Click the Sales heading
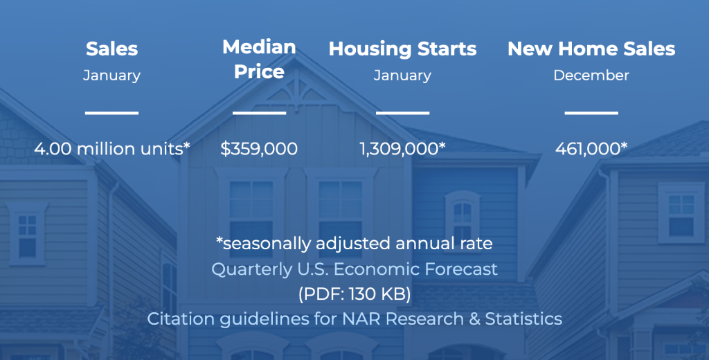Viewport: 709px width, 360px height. [111, 49]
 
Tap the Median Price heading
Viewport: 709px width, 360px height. [259, 60]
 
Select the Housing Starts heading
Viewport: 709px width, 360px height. [402, 49]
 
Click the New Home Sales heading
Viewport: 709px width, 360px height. [591, 49]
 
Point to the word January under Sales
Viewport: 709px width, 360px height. [111, 75]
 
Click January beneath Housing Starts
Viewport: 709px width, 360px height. [402, 75]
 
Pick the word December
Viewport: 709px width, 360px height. [591, 75]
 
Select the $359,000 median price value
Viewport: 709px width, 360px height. [259, 148]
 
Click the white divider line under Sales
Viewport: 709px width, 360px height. [111, 112]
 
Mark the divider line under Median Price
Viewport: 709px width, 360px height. [259, 112]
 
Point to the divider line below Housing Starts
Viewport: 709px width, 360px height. [402, 112]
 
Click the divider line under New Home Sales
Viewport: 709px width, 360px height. [591, 112]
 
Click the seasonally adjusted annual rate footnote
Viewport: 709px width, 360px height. [354, 244]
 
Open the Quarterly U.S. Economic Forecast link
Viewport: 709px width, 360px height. [354, 269]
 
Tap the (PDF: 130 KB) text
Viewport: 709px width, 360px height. [354, 294]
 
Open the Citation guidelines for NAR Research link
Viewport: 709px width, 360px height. [354, 319]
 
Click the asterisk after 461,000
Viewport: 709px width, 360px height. [625, 146]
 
